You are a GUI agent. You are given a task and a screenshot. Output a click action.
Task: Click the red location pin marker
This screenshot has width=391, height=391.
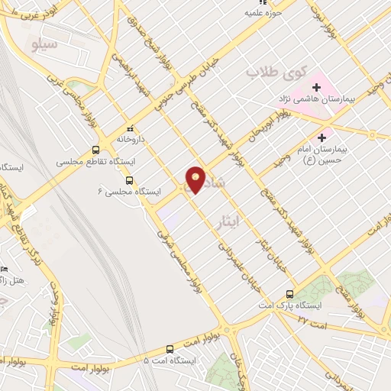point(196,179)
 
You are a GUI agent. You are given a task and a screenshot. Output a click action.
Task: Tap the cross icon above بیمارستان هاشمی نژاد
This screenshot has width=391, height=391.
point(316,87)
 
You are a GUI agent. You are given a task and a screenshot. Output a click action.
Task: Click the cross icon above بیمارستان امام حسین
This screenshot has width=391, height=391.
point(322,138)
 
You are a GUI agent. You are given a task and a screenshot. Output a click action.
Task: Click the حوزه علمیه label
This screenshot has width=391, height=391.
point(258,12)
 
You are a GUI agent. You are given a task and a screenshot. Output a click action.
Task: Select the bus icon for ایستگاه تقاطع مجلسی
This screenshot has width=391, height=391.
point(95,150)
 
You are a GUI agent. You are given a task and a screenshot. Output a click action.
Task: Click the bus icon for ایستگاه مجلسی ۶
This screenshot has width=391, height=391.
point(128,181)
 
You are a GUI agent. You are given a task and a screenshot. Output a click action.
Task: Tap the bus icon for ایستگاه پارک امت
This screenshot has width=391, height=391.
point(289,294)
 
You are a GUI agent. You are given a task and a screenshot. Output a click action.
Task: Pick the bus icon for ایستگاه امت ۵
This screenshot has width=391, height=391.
point(147,359)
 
